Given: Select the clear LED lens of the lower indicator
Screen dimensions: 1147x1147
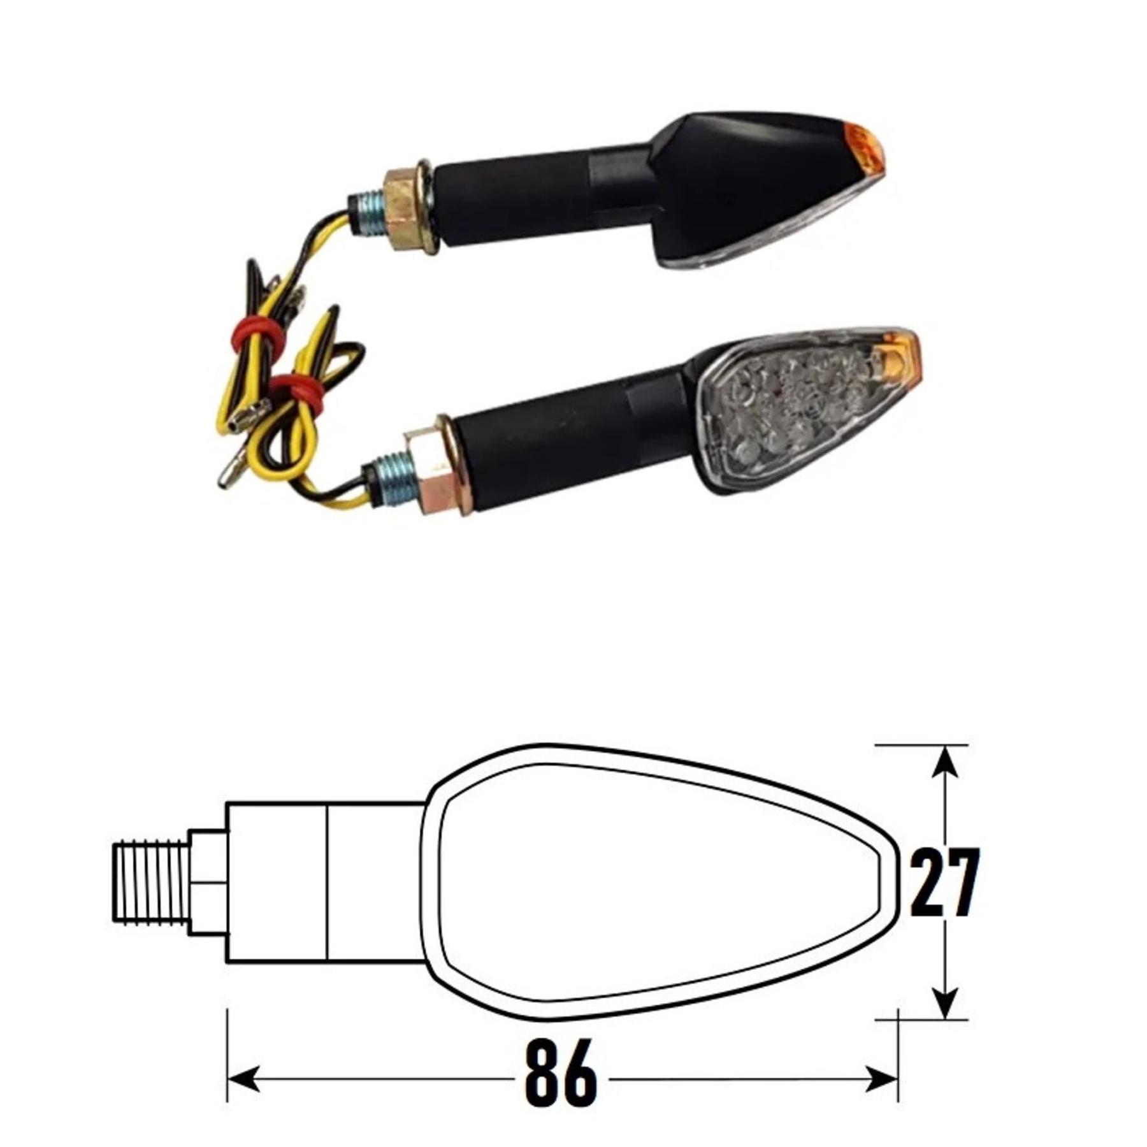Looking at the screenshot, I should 797,408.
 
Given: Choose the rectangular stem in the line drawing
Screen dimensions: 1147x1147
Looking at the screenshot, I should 325,883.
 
